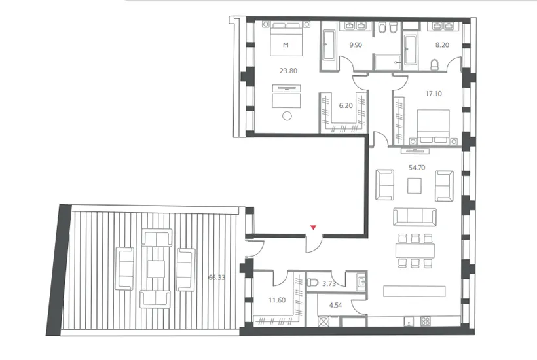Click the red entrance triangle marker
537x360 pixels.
coord(313,227)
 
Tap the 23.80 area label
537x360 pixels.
coord(288,71)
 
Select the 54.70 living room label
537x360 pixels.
coord(417,168)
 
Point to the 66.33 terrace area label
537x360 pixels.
coord(217,278)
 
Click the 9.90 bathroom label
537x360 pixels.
coord(356,45)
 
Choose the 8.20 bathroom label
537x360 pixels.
coord(442,45)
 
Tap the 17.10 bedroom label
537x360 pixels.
coord(434,94)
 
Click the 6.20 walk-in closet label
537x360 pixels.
coord(346,106)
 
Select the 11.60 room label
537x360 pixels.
coord(277,300)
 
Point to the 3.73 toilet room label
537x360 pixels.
coord(329,283)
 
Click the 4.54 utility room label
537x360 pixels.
coord(335,305)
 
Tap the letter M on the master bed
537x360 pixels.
coord(286,45)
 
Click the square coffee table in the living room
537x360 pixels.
coord(415,187)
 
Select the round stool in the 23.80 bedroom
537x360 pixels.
coord(287,116)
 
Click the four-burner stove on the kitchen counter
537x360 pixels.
coord(426,321)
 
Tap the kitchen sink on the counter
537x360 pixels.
coord(408,321)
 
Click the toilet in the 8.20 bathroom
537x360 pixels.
coord(434,65)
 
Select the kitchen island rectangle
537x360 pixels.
coord(415,291)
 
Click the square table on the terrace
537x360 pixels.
coord(156,269)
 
